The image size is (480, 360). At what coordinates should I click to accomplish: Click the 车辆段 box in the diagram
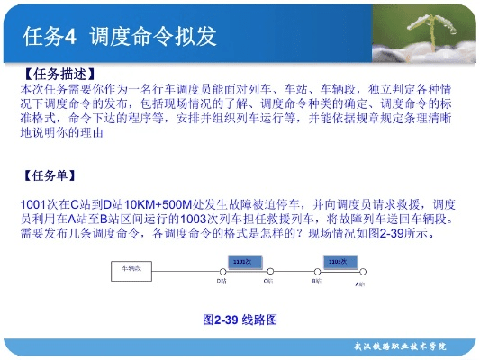pyautogui.click(x=131, y=267)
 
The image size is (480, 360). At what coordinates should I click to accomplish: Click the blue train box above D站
pyautogui.click(x=240, y=261)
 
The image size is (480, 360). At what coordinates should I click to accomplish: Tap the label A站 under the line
pyautogui.click(x=359, y=283)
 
